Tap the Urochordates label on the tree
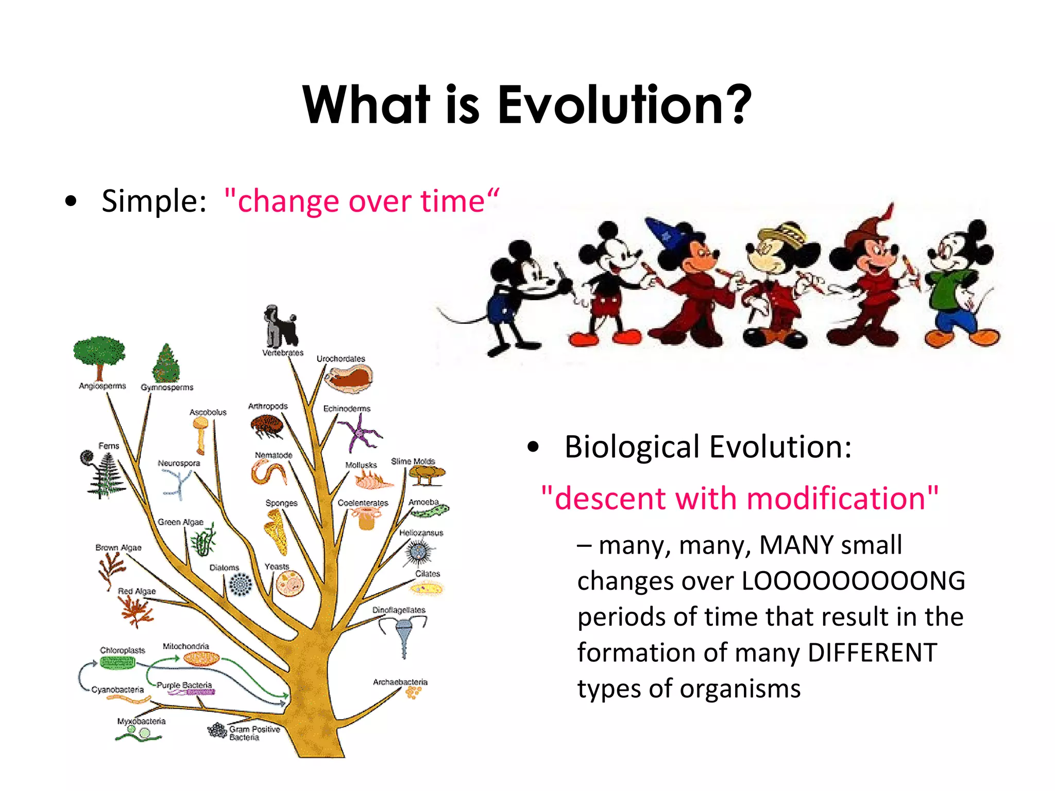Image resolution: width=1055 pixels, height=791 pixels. click(341, 358)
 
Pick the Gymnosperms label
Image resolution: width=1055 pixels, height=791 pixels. click(167, 387)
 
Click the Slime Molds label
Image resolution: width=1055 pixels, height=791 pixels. click(413, 461)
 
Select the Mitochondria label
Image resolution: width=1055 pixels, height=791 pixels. click(185, 646)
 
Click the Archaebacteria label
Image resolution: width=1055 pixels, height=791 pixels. click(400, 682)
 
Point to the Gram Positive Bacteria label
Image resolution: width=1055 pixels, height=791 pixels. click(254, 733)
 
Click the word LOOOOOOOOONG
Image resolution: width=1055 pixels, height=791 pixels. click(853, 581)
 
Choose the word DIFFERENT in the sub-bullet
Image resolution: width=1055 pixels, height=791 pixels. click(872, 653)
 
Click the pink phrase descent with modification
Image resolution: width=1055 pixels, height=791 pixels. click(740, 498)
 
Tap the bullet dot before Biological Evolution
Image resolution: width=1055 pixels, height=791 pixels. click(533, 447)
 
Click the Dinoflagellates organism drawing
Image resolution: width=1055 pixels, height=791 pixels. click(403, 636)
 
